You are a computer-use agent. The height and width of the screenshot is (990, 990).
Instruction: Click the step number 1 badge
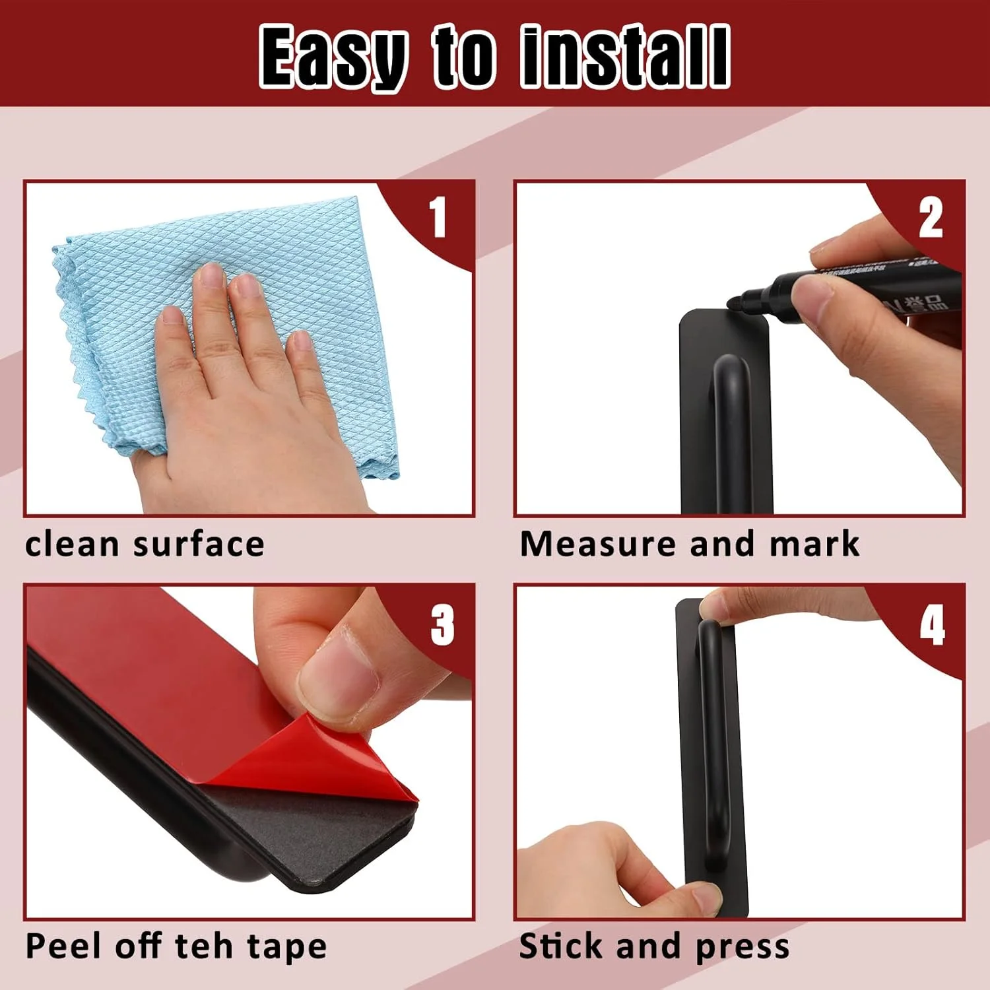(x=438, y=218)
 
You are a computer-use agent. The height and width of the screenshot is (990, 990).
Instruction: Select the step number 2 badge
(x=931, y=218)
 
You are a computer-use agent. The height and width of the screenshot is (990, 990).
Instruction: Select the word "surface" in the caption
(x=199, y=544)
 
